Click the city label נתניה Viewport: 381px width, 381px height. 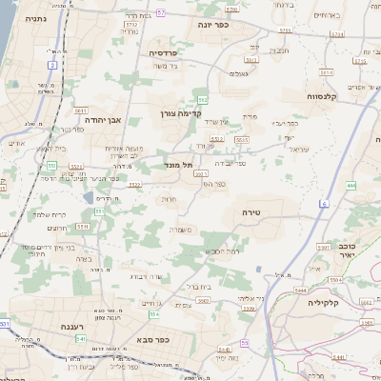[x=35, y=18]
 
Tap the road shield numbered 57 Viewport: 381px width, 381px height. [x=161, y=12]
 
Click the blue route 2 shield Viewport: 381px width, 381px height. [x=52, y=65]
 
